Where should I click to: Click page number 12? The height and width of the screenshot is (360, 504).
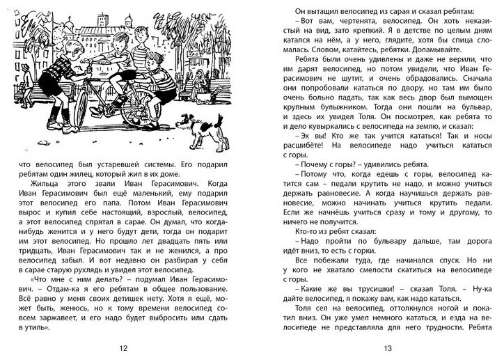124,347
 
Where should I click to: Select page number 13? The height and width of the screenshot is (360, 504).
380,347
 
